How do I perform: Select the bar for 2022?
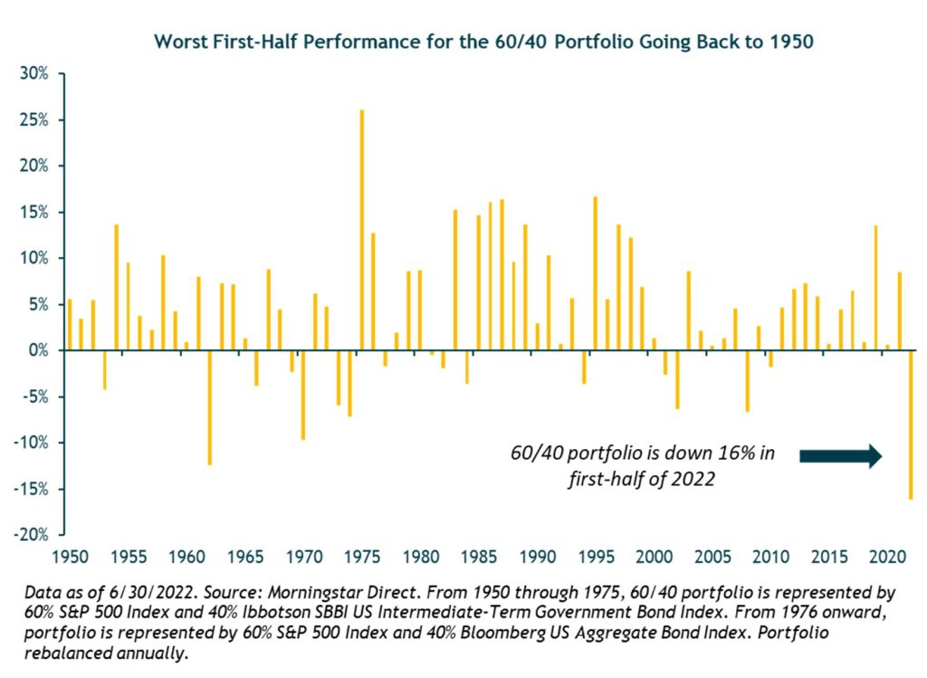(911, 425)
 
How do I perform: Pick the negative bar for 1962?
(210, 407)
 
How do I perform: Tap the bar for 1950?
(70, 325)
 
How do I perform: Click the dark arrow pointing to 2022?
(839, 455)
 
